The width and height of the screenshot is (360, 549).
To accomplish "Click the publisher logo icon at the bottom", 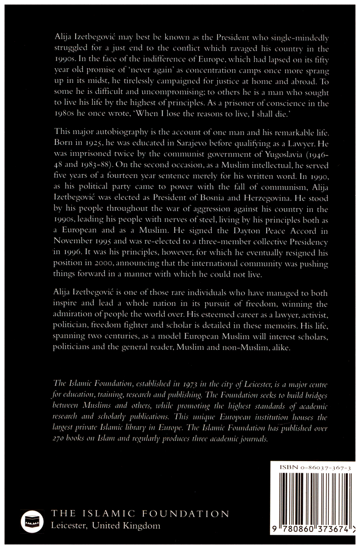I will tap(31, 521).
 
